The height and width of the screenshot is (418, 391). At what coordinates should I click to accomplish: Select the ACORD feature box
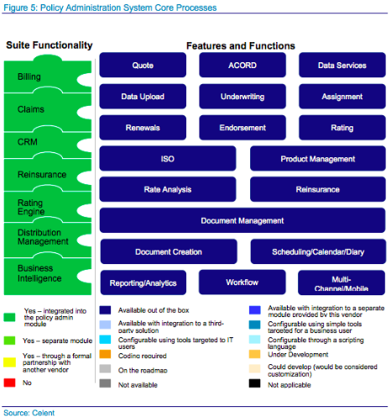point(242,66)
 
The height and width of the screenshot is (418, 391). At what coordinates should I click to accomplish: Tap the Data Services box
point(341,66)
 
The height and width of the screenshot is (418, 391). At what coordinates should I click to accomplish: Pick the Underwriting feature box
point(242,97)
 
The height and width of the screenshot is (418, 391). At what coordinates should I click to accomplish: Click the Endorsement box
point(242,128)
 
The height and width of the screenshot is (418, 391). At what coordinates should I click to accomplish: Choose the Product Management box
point(317,158)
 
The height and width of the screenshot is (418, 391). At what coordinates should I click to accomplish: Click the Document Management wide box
point(242,220)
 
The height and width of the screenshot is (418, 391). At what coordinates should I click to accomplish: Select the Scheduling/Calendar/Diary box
point(317,251)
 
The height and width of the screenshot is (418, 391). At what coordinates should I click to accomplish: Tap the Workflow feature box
point(242,282)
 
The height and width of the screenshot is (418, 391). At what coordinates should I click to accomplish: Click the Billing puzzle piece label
point(29,77)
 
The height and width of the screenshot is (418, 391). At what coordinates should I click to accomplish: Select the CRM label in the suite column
point(27,142)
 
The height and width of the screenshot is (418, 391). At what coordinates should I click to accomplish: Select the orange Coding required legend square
point(105,354)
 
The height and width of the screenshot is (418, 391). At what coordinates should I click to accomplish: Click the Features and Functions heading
point(239,45)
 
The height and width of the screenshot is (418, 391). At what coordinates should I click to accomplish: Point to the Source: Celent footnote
point(28,410)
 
